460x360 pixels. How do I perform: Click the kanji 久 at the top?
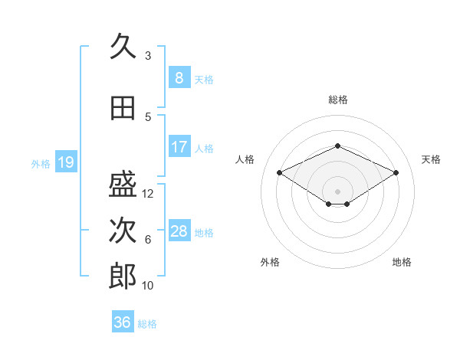click(123, 46)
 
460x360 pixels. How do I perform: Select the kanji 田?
click(123, 108)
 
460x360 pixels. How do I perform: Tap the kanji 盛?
click(123, 184)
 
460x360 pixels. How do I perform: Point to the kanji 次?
click(123, 230)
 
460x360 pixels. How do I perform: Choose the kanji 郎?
click(123, 276)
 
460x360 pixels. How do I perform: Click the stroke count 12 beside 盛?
click(147, 194)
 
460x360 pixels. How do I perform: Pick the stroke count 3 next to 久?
click(148, 56)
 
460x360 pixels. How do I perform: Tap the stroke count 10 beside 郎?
click(147, 286)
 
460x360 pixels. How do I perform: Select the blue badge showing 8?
click(179, 77)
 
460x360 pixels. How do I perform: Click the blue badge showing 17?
click(179, 146)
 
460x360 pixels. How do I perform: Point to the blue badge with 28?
click(179, 230)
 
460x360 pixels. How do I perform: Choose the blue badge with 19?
click(66, 162)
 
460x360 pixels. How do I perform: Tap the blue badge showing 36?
click(123, 321)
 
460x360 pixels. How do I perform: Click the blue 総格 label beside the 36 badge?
click(147, 324)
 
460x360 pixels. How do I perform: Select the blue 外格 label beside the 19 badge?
click(41, 164)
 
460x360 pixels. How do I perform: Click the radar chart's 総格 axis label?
click(338, 100)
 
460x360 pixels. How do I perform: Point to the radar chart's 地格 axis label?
click(402, 262)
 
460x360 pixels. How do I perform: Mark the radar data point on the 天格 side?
click(396, 172)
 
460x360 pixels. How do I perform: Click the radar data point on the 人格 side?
click(280, 172)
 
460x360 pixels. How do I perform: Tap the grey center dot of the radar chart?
click(337, 191)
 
